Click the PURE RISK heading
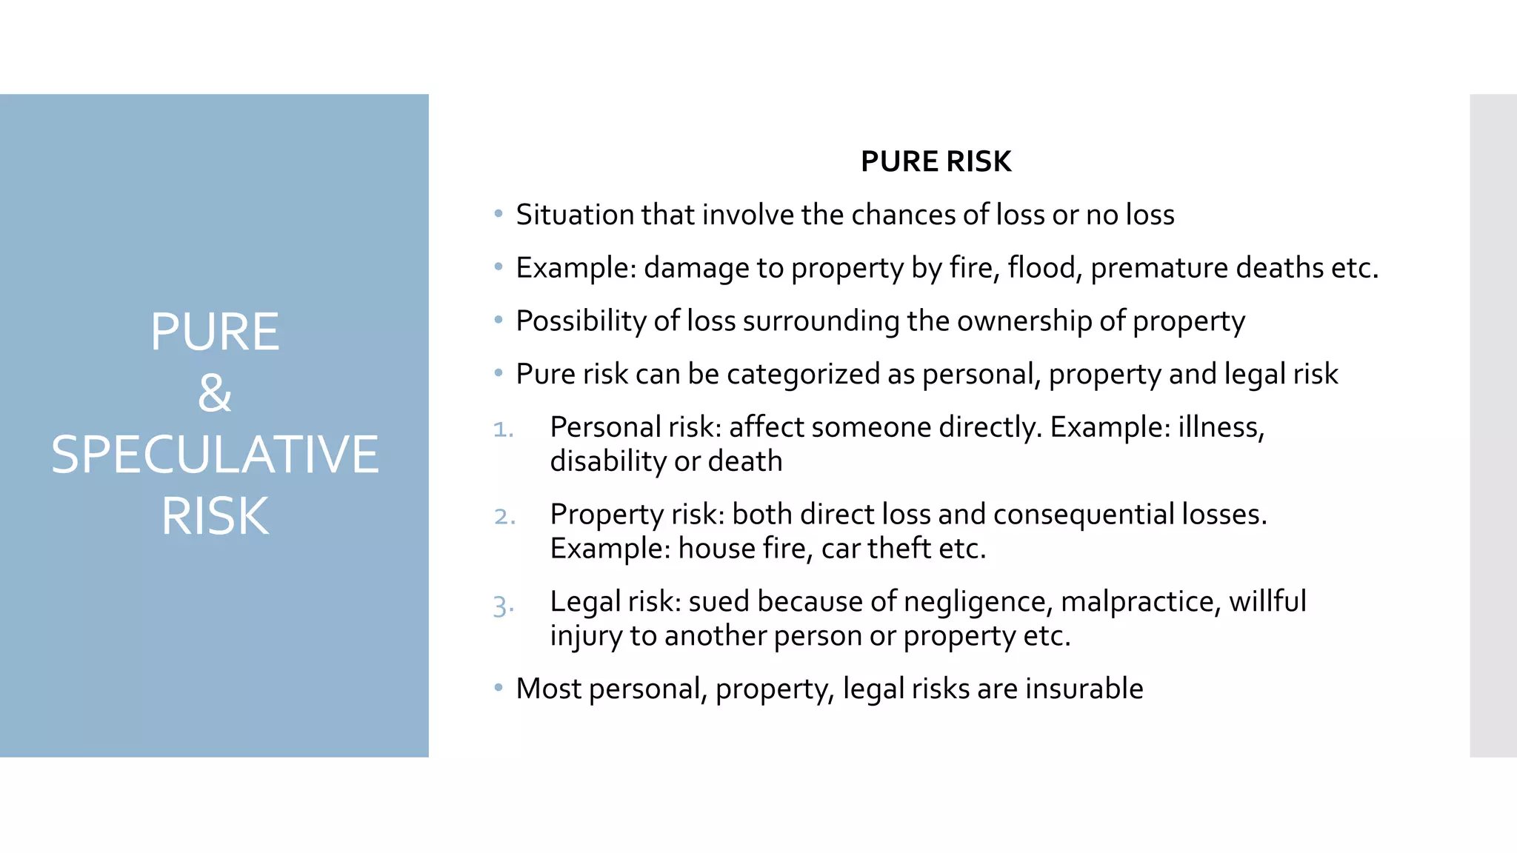pyautogui.click(x=936, y=161)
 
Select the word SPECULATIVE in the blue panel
pyautogui.click(x=215, y=454)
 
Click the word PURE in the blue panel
pyautogui.click(x=215, y=332)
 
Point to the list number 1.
pyautogui.click(x=503, y=429)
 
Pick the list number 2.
pyautogui.click(x=504, y=517)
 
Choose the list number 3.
pyautogui.click(x=503, y=606)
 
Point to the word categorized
pyautogui.click(x=803, y=375)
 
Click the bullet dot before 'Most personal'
pyautogui.click(x=499, y=688)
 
